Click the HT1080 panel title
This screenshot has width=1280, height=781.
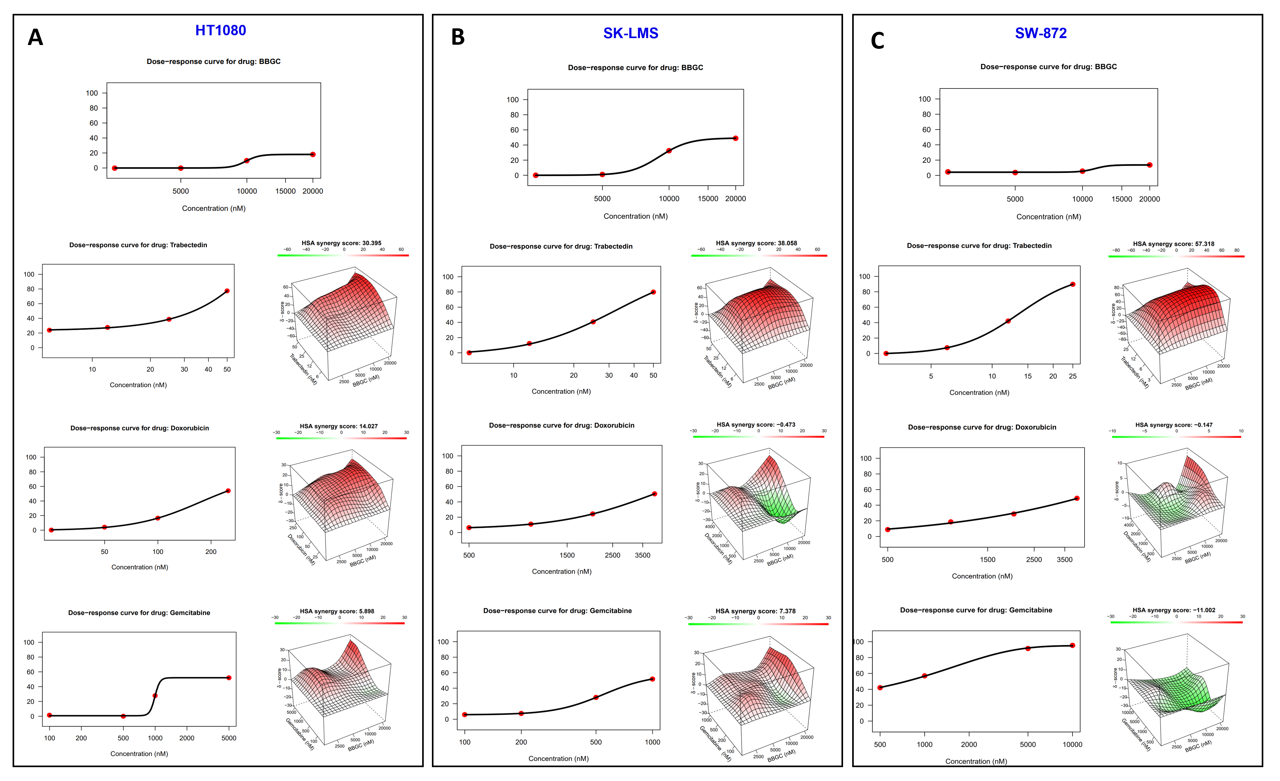click(220, 31)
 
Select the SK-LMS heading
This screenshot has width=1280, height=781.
click(630, 33)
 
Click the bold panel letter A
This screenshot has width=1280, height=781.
click(35, 37)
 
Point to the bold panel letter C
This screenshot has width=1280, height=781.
click(877, 41)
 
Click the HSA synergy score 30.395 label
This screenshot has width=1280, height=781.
click(341, 243)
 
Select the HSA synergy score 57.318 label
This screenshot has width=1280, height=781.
click(1174, 244)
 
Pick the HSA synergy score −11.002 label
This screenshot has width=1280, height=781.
click(1174, 610)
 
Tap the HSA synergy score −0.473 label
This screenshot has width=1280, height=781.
click(756, 425)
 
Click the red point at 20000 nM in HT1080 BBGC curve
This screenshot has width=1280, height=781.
click(313, 154)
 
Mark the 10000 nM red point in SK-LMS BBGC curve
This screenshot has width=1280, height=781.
click(669, 151)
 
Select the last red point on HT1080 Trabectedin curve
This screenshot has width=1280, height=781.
click(227, 291)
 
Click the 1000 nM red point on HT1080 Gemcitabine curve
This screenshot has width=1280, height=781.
click(155, 695)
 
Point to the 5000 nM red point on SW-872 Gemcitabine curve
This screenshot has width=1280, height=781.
click(1028, 648)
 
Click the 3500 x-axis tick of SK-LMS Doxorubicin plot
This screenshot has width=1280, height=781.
click(643, 555)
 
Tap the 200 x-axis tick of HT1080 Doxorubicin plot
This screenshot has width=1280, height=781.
click(211, 552)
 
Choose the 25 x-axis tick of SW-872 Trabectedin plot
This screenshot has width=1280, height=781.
click(1073, 376)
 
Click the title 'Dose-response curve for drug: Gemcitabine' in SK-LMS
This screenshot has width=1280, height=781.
click(558, 611)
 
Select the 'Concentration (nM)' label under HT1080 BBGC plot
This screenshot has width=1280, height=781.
click(213, 208)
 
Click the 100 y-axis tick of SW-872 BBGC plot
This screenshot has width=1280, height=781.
click(925, 99)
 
